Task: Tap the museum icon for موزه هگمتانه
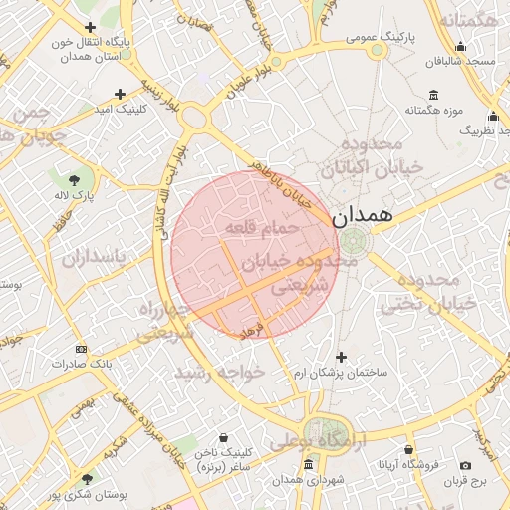pyautogui.click(x=433, y=95)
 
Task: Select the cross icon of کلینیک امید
pyautogui.click(x=121, y=94)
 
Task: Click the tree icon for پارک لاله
pyautogui.click(x=75, y=179)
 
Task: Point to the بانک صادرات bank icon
pyautogui.click(x=82, y=349)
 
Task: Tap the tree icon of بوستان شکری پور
pyautogui.click(x=87, y=479)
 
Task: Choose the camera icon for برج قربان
pyautogui.click(x=465, y=466)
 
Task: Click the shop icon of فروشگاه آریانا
pyautogui.click(x=408, y=449)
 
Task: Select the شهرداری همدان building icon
pyautogui.click(x=308, y=466)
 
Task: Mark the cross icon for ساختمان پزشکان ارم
pyautogui.click(x=342, y=357)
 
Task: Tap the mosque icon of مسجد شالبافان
pyautogui.click(x=460, y=46)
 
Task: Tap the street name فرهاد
pyautogui.click(x=252, y=328)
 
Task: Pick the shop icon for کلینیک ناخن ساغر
pyautogui.click(x=221, y=437)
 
